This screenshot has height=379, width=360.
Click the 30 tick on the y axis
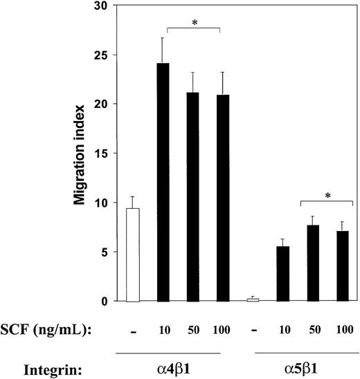(102, 6)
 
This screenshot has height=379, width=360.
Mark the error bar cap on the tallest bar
(165, 38)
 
